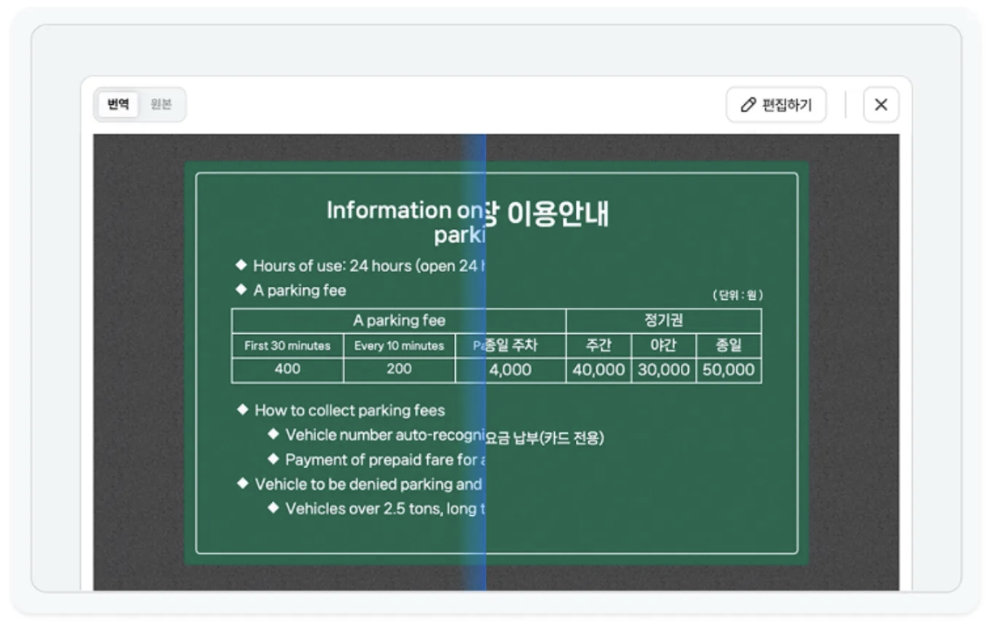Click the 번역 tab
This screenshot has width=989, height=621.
(x=118, y=105)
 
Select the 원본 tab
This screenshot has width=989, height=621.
(x=161, y=105)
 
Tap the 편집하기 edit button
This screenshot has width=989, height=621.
(x=775, y=105)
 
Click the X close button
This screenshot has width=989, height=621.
(x=880, y=105)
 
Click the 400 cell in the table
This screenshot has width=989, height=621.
(x=287, y=369)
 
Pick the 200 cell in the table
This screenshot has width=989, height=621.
(x=399, y=369)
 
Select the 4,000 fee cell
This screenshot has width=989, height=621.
(x=510, y=370)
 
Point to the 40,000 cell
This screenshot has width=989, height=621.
(x=599, y=370)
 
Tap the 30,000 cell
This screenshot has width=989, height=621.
(x=663, y=370)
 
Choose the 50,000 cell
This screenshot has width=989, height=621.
(x=728, y=370)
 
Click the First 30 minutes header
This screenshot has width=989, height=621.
(x=287, y=345)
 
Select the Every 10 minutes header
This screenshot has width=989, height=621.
(x=399, y=345)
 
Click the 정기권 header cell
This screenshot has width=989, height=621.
(x=663, y=320)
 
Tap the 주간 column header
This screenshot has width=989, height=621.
(x=599, y=345)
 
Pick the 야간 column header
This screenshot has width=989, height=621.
(x=663, y=345)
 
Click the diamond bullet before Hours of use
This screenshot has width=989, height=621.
(x=241, y=265)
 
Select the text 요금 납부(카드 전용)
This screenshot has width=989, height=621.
(x=544, y=437)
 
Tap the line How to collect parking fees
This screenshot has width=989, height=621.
(x=349, y=410)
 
